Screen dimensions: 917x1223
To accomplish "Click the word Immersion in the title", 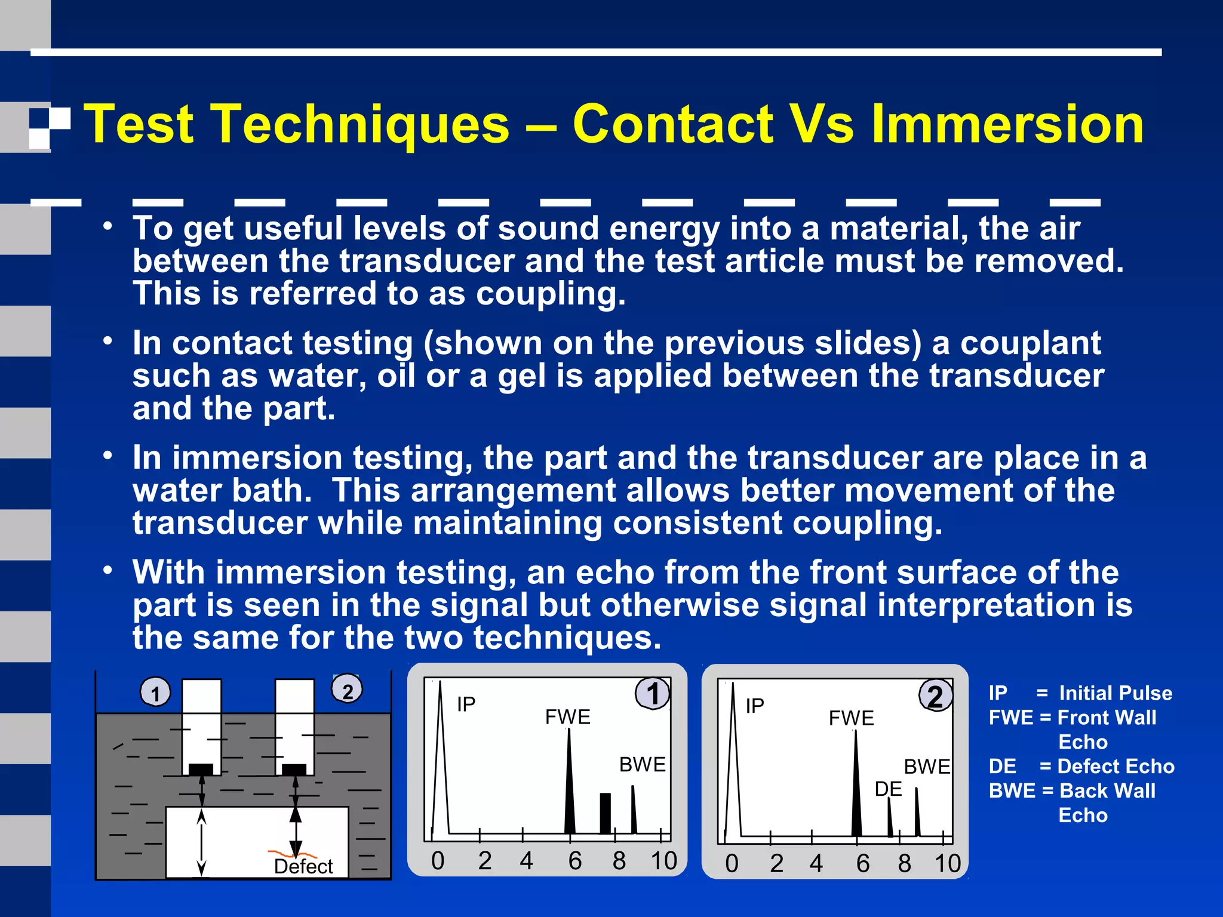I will tap(1007, 124).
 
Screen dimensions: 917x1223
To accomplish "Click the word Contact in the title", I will tap(672, 124).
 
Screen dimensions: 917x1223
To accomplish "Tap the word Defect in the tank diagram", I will tap(303, 866).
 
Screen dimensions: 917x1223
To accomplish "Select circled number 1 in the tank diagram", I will tap(155, 693).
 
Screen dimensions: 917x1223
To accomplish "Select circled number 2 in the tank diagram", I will tap(347, 690).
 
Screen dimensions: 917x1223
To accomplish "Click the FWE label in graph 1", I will tap(567, 716).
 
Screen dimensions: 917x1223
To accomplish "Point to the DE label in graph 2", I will tap(888, 789).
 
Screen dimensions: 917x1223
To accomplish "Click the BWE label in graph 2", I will tap(927, 767).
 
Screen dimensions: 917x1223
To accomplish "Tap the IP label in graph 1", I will tap(466, 704).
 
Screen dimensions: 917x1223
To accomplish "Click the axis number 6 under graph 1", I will tap(574, 861).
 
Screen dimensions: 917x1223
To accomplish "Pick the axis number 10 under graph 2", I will tap(947, 864).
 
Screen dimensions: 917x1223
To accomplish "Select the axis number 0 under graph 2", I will tap(732, 864).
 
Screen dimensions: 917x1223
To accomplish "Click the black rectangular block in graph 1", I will tap(605, 813).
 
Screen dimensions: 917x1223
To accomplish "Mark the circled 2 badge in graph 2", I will tap(935, 696).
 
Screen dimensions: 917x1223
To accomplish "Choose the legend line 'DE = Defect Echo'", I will tap(1081, 767).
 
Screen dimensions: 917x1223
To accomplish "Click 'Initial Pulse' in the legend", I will tap(1115, 693).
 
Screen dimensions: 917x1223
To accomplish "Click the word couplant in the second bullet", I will tap(1030, 343).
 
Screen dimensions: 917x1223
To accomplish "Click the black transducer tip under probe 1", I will tap(201, 768).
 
